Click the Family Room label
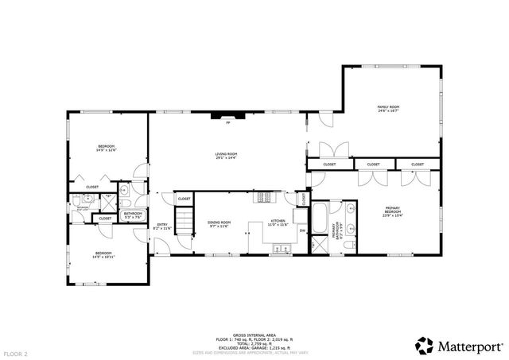pyautogui.click(x=388, y=108)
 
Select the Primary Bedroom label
pyautogui.click(x=393, y=211)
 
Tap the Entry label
pyautogui.click(x=162, y=226)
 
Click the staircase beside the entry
pyautogui.click(x=185, y=220)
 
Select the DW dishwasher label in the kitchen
pyautogui.click(x=302, y=230)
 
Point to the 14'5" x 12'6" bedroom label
pyautogui.click(x=106, y=148)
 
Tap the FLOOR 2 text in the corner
pyautogui.click(x=16, y=353)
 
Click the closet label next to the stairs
pyautogui.click(x=184, y=199)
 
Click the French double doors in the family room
pyautogui.click(x=332, y=149)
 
